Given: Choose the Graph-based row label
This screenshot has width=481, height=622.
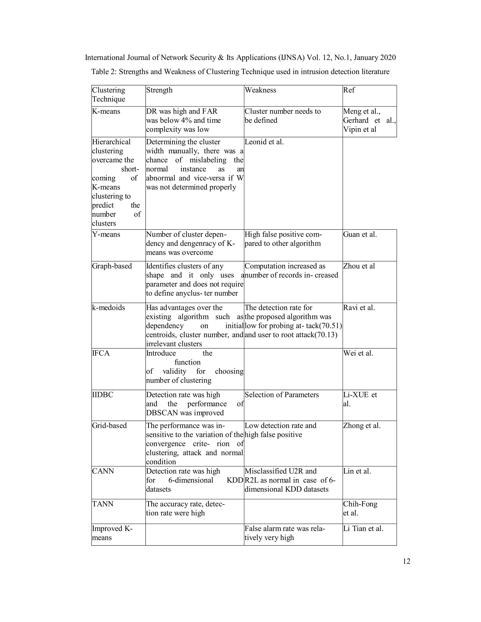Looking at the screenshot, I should [x=112, y=266].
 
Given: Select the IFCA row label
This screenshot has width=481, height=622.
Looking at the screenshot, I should [x=101, y=353].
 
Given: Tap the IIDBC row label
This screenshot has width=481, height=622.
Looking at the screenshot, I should [x=103, y=395].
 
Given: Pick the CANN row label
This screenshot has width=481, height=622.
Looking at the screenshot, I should [x=103, y=471].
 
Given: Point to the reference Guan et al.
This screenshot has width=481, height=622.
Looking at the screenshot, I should [x=360, y=234].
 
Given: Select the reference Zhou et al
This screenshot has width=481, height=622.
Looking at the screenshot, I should [x=359, y=266].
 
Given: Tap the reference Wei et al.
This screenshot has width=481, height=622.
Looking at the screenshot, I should [x=358, y=353].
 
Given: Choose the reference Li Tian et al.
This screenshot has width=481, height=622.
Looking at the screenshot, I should [x=363, y=529].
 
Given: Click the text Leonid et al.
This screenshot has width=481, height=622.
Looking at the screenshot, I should [x=264, y=142].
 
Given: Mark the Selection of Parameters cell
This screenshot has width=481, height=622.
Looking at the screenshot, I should [x=282, y=395].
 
